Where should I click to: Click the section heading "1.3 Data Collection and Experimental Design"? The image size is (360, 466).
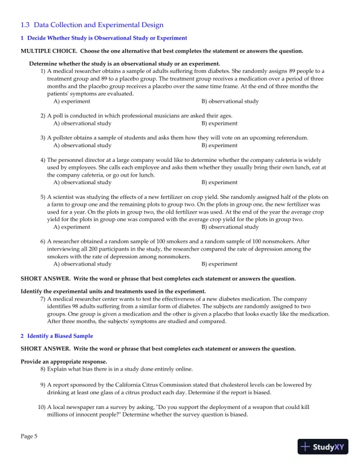point(92,25)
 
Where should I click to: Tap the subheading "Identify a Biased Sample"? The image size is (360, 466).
point(56,336)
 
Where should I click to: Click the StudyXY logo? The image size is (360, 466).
point(322,447)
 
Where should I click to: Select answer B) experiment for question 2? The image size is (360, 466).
point(219,124)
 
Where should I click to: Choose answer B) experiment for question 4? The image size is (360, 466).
point(219,182)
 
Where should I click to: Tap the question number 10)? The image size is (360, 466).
point(41,407)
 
